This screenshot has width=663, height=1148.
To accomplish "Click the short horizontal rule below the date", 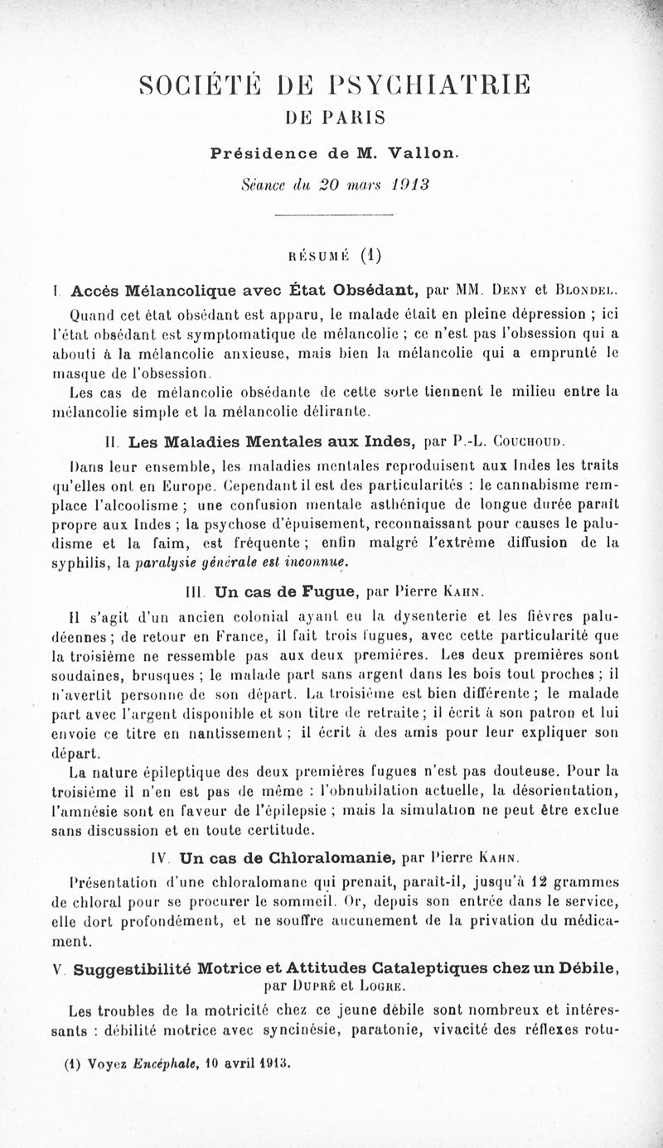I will [331, 217].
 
